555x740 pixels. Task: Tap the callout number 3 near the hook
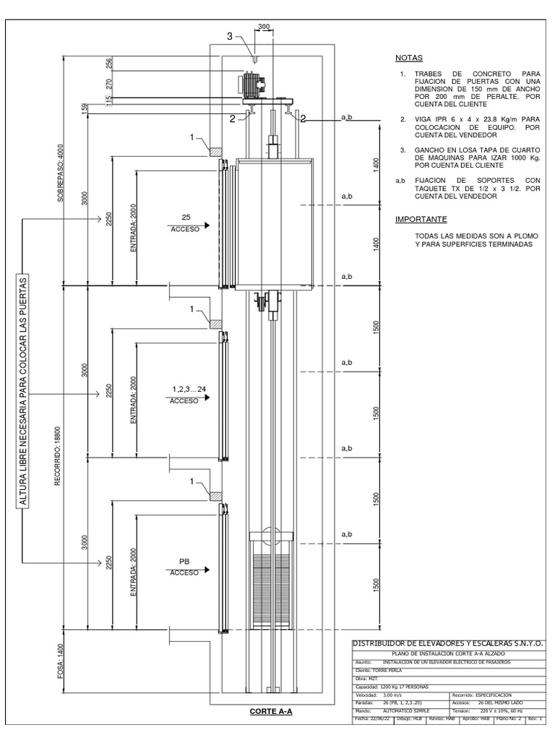tap(230, 36)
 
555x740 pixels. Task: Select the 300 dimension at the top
tap(263, 27)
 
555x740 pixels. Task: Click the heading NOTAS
tap(409, 58)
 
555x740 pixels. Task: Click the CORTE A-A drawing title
tap(270, 711)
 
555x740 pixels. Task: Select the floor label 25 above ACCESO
tap(186, 217)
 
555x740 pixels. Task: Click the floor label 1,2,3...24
tap(189, 390)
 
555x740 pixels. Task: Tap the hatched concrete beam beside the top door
tap(215, 152)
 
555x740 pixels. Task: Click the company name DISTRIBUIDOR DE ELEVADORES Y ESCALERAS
tap(447, 642)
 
